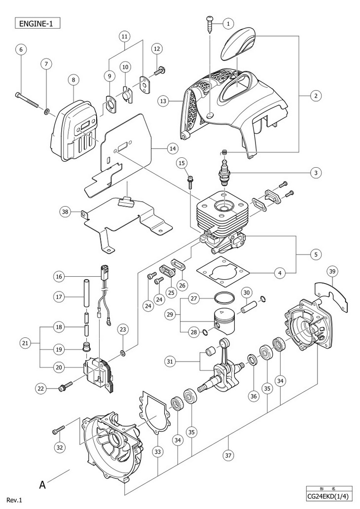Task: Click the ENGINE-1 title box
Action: click(x=37, y=24)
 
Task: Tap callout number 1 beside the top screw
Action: click(x=228, y=23)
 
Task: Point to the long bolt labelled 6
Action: click(x=27, y=100)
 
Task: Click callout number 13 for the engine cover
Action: click(x=163, y=101)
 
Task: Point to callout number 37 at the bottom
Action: click(x=228, y=455)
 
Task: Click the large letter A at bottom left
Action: click(x=42, y=485)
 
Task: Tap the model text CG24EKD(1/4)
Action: click(x=329, y=497)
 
